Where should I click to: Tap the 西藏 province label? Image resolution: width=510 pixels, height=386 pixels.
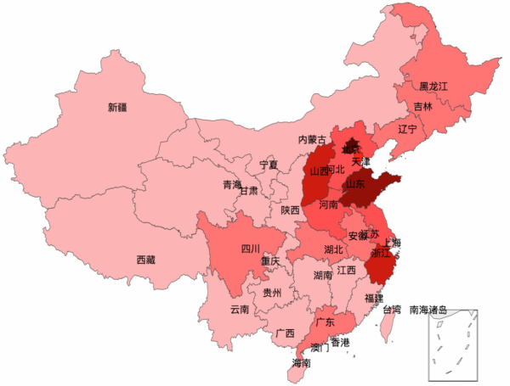145,260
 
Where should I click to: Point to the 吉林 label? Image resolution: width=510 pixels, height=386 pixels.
423,107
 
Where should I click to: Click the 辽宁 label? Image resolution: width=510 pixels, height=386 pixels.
407,129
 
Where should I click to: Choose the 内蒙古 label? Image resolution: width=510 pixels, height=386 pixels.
312,140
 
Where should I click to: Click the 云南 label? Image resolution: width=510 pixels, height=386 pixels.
240,310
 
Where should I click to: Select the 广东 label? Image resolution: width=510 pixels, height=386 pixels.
325,322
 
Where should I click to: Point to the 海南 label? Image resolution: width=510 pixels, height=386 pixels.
301,363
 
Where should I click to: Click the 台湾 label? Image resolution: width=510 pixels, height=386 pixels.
391,310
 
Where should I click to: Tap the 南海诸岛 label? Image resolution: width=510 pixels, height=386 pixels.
428,310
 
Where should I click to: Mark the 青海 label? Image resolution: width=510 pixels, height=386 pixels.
232,184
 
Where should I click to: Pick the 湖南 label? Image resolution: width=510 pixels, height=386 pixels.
322,276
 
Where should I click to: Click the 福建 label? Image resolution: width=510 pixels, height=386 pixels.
373,299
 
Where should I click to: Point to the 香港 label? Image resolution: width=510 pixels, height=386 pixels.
340,343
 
